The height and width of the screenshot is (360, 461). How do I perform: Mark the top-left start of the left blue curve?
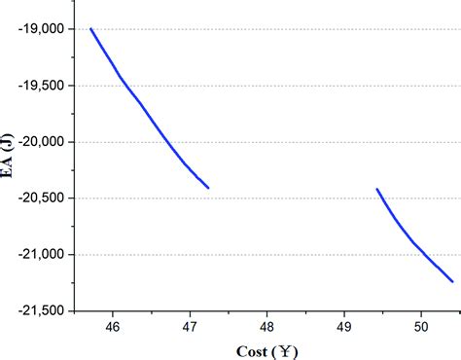[90, 28]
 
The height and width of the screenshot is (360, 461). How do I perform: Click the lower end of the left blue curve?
[208, 187]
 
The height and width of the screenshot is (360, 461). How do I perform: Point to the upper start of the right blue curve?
[376, 189]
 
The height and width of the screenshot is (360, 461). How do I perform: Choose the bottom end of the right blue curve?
[452, 282]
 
